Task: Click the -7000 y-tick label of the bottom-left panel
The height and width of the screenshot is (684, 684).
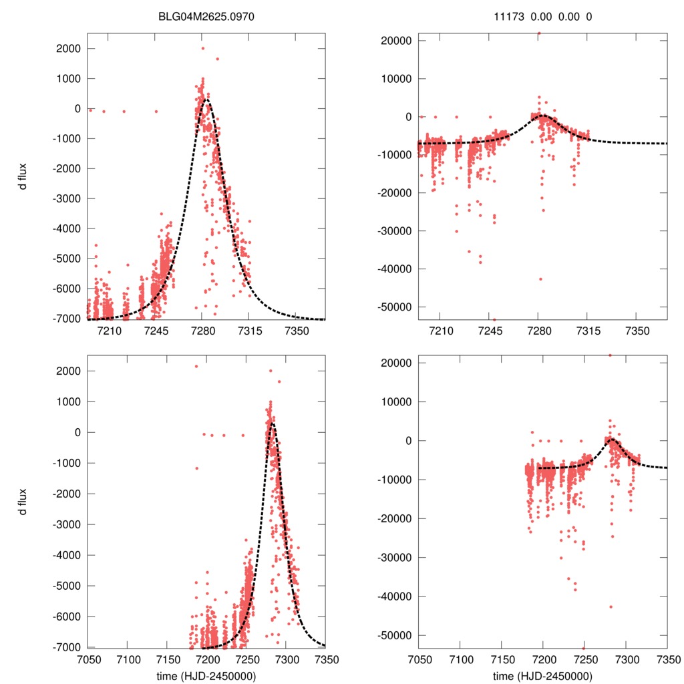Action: point(65,647)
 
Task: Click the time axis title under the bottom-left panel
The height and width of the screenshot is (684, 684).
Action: point(206,676)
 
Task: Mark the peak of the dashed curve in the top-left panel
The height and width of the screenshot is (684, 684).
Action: point(206,100)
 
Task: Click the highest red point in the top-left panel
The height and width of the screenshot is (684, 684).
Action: point(202,48)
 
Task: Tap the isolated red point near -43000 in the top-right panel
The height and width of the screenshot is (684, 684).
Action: point(540,279)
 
